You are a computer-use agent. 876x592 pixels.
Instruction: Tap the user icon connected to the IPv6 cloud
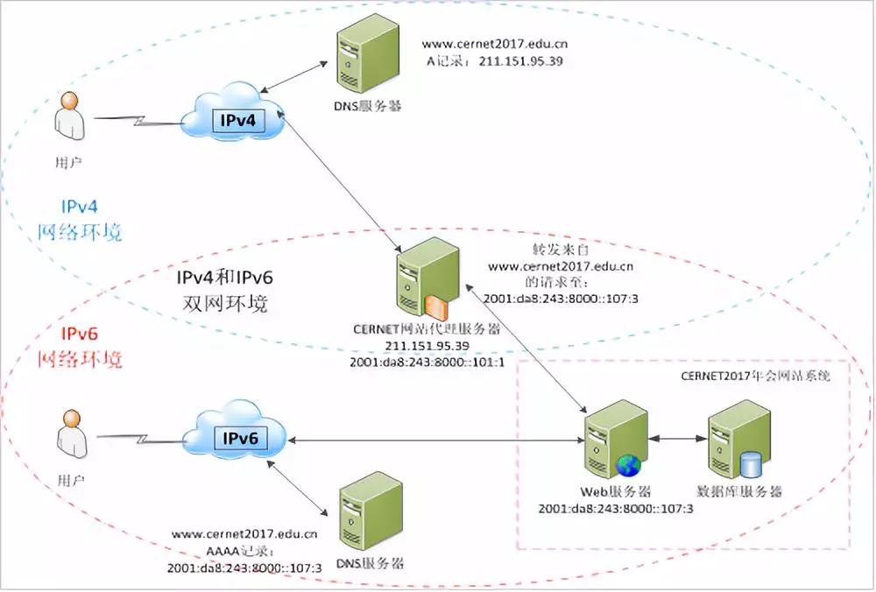[x=69, y=435]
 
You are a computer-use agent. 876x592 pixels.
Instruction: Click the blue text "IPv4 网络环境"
[x=80, y=220]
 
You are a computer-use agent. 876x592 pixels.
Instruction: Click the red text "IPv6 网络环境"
[x=80, y=347]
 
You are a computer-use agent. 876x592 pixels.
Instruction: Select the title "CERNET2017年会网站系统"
[x=754, y=377]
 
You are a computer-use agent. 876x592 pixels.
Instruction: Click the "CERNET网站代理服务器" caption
[x=427, y=330]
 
